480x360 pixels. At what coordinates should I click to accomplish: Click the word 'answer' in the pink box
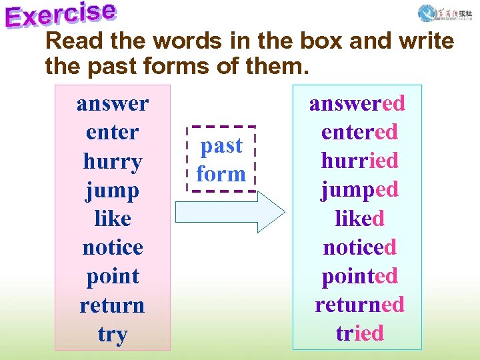click(113, 104)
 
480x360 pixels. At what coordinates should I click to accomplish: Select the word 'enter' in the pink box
click(113, 132)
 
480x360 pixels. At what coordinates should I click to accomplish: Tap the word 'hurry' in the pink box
click(113, 161)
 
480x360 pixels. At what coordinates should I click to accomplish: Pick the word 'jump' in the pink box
click(113, 191)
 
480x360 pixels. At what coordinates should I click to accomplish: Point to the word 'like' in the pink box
click(113, 219)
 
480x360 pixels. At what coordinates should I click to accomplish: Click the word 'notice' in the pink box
click(113, 247)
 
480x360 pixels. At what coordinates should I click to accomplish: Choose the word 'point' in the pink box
click(113, 277)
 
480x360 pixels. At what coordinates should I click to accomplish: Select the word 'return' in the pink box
click(113, 305)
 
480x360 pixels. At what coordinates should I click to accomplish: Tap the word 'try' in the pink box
click(113, 334)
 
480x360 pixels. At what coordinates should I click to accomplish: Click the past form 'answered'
click(357, 103)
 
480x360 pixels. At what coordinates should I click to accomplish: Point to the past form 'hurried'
click(359, 161)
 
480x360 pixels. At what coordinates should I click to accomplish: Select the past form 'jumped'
click(359, 190)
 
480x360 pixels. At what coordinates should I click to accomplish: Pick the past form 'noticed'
click(359, 247)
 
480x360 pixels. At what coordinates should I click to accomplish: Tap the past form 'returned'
click(359, 305)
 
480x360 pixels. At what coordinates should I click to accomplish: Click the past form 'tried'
click(359, 333)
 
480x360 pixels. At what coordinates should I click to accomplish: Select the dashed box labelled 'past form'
click(222, 159)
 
